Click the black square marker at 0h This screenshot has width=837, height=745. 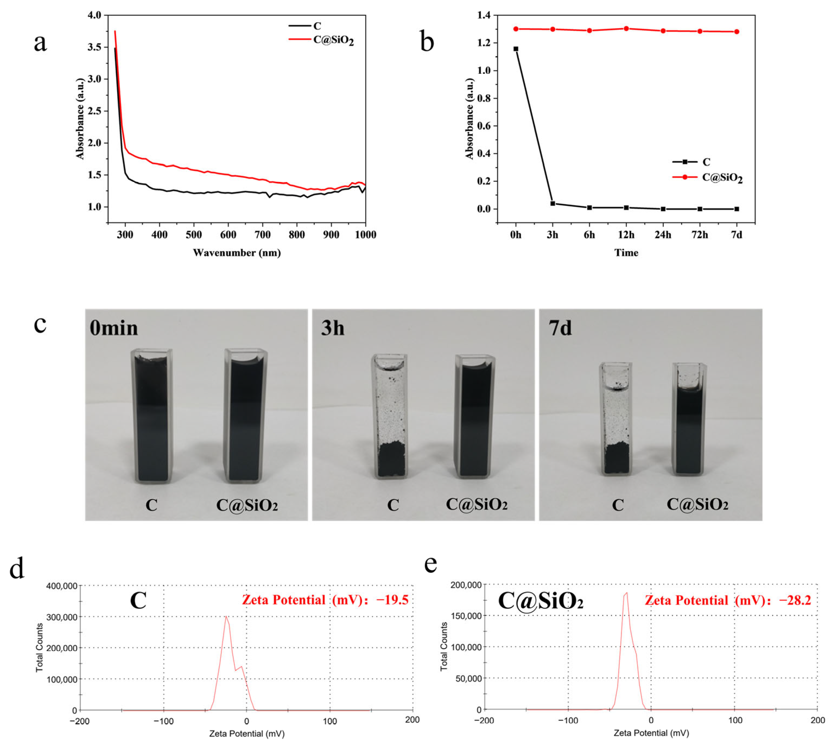tap(516, 49)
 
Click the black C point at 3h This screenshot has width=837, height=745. tap(553, 203)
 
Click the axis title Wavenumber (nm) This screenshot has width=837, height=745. tap(237, 253)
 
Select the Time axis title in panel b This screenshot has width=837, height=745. tap(626, 253)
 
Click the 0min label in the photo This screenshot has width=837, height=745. tap(114, 328)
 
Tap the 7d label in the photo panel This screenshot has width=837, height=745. tap(560, 328)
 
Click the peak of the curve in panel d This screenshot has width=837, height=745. tap(226, 616)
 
